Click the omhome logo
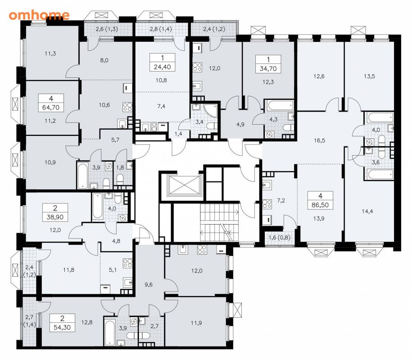(x=39, y=15)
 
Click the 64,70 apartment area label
(x=51, y=108)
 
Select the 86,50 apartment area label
(x=320, y=205)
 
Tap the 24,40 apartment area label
(x=163, y=67)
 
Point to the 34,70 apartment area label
(x=268, y=69)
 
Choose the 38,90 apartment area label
(x=55, y=217)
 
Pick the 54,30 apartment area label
(x=62, y=328)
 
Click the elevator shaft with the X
(x=184, y=186)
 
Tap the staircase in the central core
(x=219, y=223)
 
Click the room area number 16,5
(x=319, y=140)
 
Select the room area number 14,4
(x=367, y=211)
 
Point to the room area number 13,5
(x=369, y=76)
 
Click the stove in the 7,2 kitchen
(x=267, y=204)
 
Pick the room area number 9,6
(x=149, y=285)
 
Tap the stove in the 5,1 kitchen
(x=128, y=263)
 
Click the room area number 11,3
(x=50, y=54)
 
